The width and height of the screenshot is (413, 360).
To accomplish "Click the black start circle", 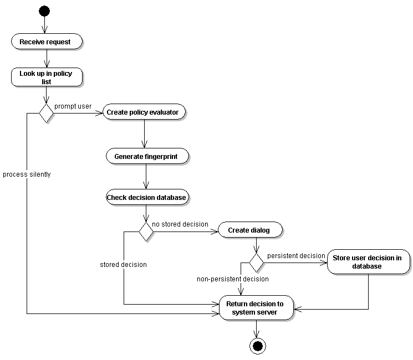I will [44, 11].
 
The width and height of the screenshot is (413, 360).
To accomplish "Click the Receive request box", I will [47, 42].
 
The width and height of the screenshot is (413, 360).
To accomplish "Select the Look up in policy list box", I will [47, 78].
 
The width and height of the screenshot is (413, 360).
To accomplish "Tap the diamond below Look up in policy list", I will [46, 113].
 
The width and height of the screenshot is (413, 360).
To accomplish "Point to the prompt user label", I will [73, 106].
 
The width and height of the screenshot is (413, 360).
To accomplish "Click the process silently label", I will [27, 174].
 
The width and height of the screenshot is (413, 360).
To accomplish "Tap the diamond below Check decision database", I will [146, 231].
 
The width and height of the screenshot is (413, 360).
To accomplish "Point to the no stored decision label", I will [180, 224].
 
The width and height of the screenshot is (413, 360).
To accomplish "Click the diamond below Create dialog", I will [256, 260].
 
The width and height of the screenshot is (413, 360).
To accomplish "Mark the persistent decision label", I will [296, 255].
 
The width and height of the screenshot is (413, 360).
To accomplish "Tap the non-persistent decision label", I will [233, 279].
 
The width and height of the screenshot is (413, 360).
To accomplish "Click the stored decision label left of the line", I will [123, 265].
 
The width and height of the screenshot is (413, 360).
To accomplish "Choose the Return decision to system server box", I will [256, 308].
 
